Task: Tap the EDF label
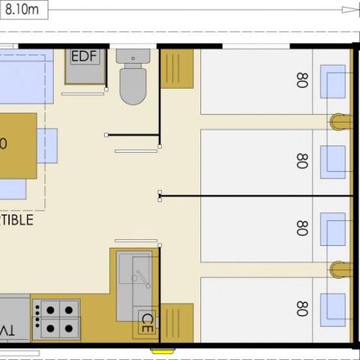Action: [x=85, y=57]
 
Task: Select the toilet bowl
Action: [x=133, y=84]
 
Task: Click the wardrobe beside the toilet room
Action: [x=177, y=69]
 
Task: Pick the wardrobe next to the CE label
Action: [x=177, y=322]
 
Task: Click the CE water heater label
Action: [x=148, y=324]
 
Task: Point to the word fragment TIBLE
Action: [x=16, y=220]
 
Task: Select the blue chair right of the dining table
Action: [x=46, y=145]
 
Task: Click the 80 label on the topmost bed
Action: [x=302, y=81]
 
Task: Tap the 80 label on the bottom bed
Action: [x=302, y=308]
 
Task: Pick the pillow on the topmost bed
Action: [x=333, y=82]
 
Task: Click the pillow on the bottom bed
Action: [x=333, y=307]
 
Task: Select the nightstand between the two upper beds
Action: [x=340, y=121]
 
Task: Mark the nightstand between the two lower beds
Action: [x=340, y=269]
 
